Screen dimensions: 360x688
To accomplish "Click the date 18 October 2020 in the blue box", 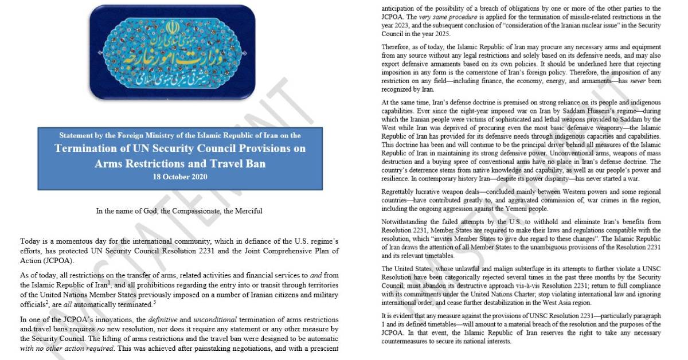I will click(x=180, y=177).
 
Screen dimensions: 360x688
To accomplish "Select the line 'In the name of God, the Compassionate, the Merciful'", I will click(x=179, y=211).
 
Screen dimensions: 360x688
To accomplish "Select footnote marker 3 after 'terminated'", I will click(x=155, y=300).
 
